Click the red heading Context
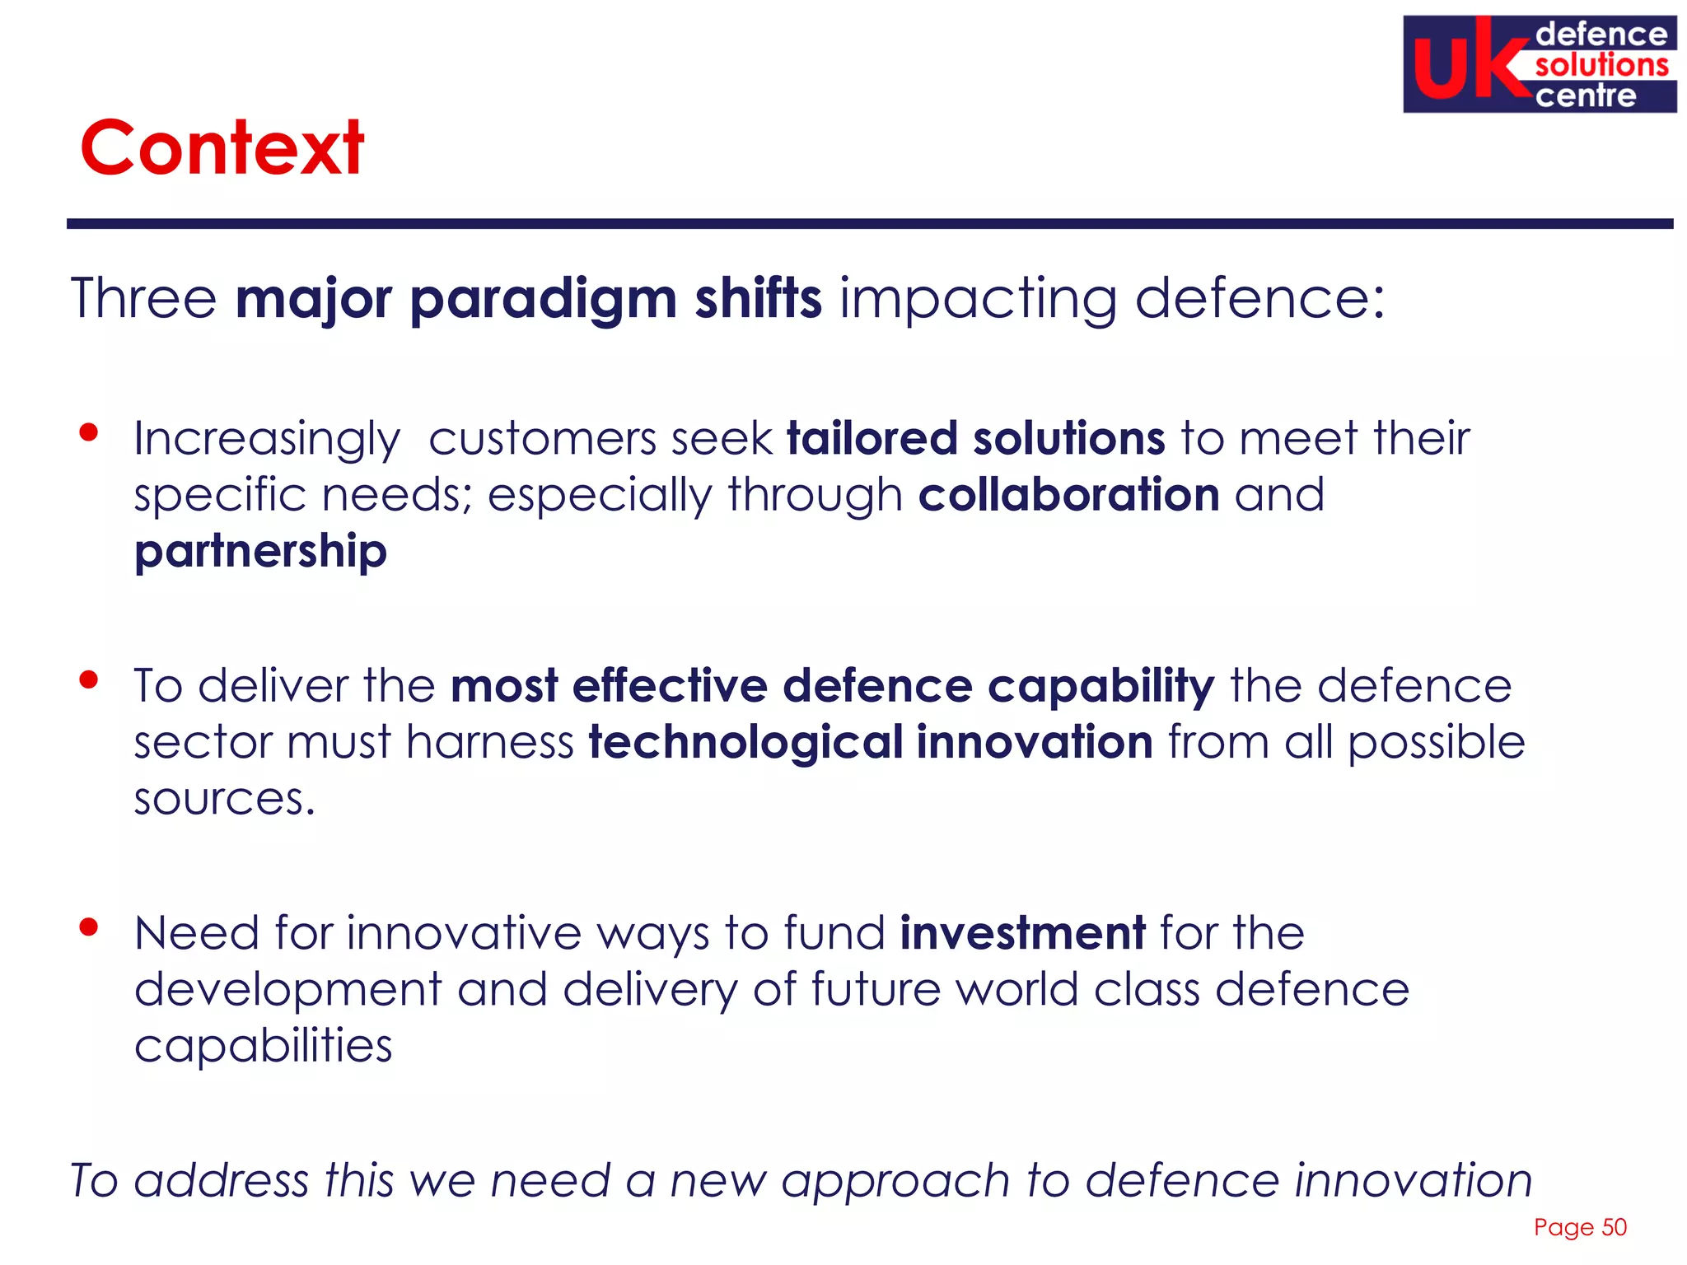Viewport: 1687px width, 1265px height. [x=222, y=148]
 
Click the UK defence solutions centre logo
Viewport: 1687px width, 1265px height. [x=1539, y=64]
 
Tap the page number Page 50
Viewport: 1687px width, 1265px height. [x=1579, y=1227]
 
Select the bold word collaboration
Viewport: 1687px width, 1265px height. [x=1068, y=495]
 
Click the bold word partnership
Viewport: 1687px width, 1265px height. [x=260, y=552]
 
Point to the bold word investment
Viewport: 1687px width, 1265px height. [x=1022, y=933]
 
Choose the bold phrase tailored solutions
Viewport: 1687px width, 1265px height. [x=976, y=438]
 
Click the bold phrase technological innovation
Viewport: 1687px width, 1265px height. [x=870, y=742]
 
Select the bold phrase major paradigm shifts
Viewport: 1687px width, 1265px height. [x=528, y=298]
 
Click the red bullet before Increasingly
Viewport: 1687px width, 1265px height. [x=89, y=432]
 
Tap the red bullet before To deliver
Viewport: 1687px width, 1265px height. [x=89, y=679]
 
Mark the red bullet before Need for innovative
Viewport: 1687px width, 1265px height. [x=89, y=927]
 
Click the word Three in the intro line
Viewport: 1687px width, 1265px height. [x=143, y=298]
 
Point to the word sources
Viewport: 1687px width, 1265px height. [x=223, y=799]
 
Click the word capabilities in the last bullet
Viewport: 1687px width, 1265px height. [x=263, y=1047]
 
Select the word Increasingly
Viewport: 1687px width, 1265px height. [x=267, y=439]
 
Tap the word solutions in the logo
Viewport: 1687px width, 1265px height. [x=1601, y=65]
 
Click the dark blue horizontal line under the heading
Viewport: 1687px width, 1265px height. [x=869, y=223]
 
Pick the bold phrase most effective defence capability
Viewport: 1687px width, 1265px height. [x=832, y=686]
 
